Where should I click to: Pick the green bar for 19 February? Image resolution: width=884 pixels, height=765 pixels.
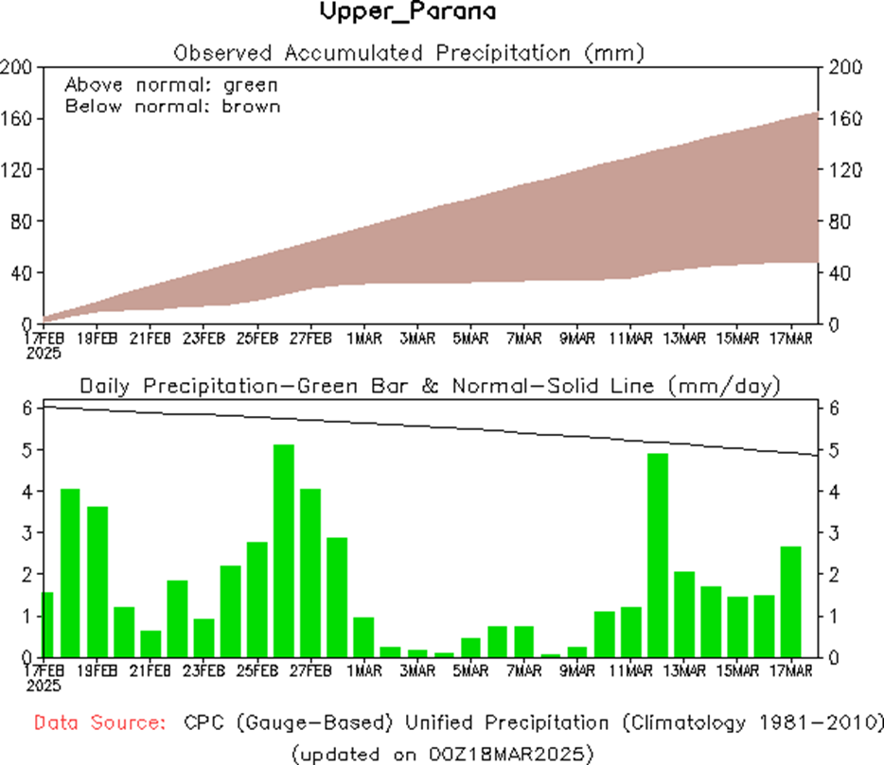(x=97, y=582)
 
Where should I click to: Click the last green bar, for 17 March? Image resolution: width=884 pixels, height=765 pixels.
(x=790, y=601)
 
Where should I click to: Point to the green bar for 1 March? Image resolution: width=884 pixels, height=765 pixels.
(x=364, y=636)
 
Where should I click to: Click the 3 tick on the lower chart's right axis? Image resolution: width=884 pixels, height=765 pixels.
(x=831, y=533)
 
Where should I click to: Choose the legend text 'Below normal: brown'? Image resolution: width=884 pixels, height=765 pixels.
(x=173, y=106)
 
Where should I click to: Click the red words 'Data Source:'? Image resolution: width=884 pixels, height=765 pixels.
(x=97, y=723)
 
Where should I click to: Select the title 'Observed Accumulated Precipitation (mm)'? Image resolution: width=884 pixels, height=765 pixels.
(x=409, y=52)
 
